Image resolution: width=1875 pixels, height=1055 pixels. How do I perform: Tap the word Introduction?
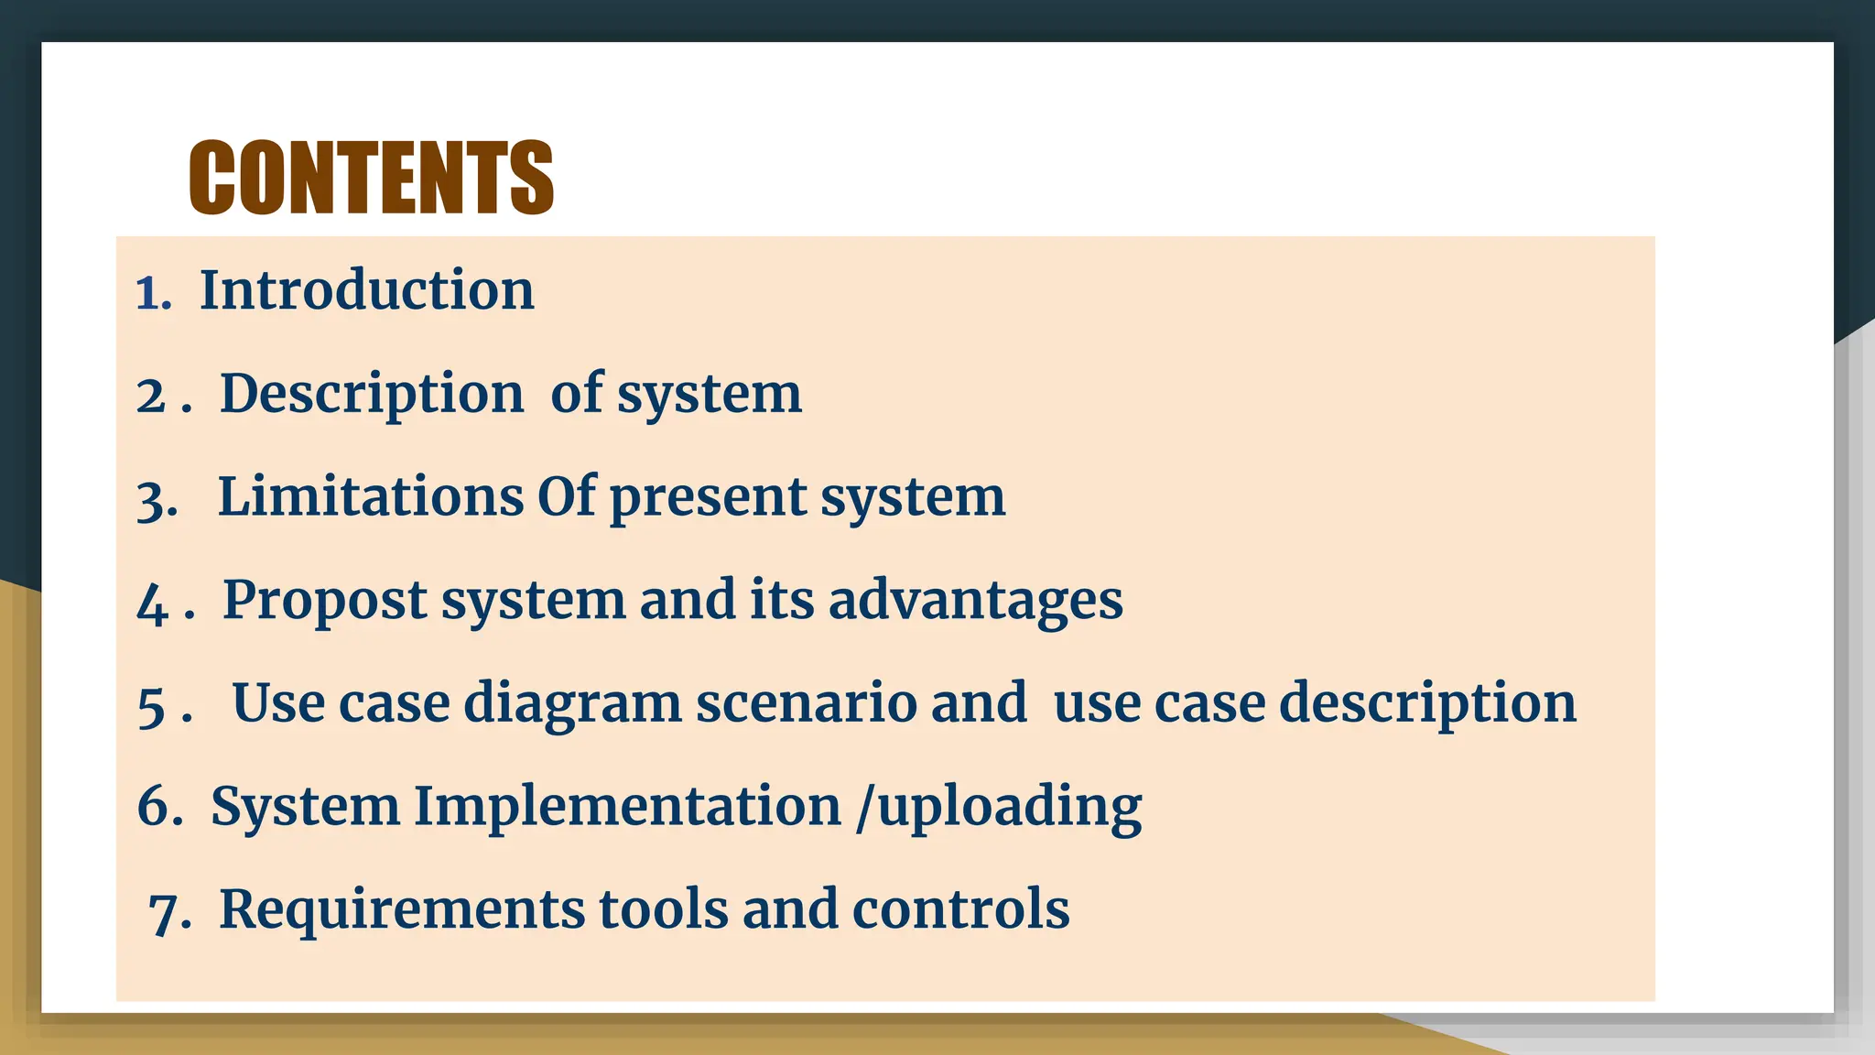click(x=366, y=290)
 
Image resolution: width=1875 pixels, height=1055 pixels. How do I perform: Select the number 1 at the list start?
click(x=147, y=294)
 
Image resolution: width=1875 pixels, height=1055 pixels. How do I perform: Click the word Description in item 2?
click(x=372, y=395)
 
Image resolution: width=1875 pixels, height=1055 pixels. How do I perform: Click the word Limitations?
click(x=370, y=497)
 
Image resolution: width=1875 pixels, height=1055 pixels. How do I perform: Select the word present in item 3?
click(x=707, y=499)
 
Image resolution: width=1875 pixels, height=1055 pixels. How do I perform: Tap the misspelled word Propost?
click(x=325, y=602)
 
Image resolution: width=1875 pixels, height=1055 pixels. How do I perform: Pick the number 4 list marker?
click(x=151, y=605)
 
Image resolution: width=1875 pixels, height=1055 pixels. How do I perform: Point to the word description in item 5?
click(x=1427, y=704)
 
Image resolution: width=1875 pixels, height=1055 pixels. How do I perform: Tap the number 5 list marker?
click(x=151, y=708)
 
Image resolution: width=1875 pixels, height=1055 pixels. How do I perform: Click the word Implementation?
click(x=627, y=807)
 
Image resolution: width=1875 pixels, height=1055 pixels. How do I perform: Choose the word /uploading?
click(x=999, y=808)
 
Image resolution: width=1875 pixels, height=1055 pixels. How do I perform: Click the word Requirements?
click(x=402, y=909)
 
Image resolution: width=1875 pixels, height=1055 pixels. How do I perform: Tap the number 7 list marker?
click(x=165, y=913)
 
